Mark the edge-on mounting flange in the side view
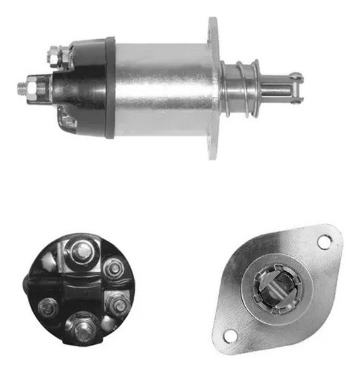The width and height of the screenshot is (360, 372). pos(214,88)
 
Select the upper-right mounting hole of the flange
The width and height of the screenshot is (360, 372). pos(324,241)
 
